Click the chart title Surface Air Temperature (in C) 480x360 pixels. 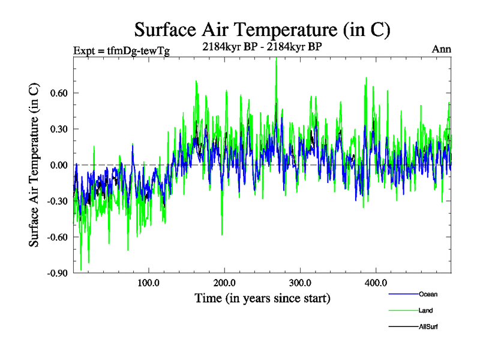click(x=263, y=29)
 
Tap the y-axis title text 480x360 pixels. click(x=35, y=165)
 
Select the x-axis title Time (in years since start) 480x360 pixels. click(x=262, y=298)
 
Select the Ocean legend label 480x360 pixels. click(x=428, y=294)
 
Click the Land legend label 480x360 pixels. click(x=426, y=310)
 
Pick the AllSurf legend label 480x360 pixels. click(x=430, y=326)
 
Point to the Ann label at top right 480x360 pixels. click(x=442, y=49)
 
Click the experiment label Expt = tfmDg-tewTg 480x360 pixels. click(x=121, y=51)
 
